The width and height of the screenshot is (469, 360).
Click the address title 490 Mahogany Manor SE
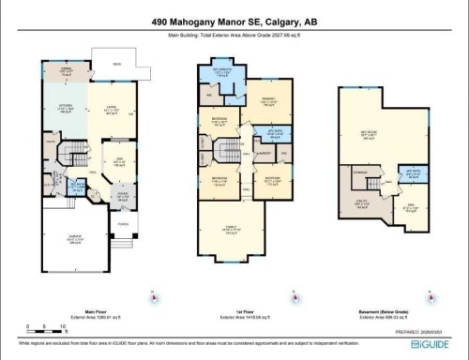(x=234, y=21)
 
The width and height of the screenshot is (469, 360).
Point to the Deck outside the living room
(x=118, y=65)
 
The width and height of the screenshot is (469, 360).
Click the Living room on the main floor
(x=109, y=109)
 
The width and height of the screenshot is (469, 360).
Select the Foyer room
(x=121, y=196)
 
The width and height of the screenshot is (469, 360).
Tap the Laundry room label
(x=265, y=154)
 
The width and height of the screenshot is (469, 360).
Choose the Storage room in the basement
(x=360, y=172)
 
